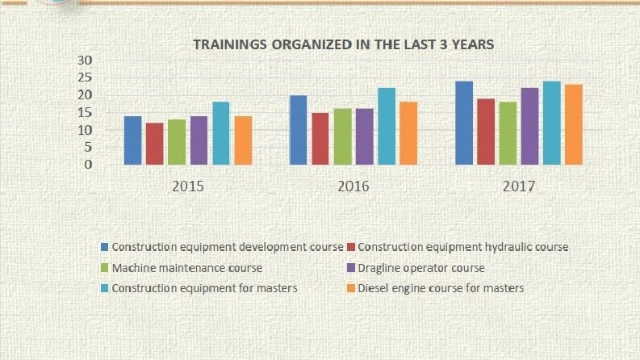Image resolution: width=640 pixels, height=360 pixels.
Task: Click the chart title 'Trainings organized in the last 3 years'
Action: click(343, 44)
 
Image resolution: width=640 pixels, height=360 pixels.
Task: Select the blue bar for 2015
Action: click(132, 140)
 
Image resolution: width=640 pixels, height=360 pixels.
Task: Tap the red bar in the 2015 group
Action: click(155, 144)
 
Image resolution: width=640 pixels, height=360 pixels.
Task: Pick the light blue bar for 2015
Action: click(221, 133)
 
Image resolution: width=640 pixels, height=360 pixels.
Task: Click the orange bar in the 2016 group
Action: click(408, 133)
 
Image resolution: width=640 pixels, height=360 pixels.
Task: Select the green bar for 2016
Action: click(342, 136)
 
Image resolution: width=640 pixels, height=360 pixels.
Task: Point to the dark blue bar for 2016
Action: click(299, 130)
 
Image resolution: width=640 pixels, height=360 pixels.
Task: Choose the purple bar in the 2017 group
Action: click(529, 126)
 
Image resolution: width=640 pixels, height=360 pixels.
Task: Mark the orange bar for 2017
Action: click(574, 124)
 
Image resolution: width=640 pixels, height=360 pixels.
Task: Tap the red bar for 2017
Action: click(486, 132)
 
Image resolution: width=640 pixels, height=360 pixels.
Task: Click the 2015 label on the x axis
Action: click(188, 186)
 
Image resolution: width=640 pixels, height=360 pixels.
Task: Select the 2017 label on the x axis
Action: click(519, 186)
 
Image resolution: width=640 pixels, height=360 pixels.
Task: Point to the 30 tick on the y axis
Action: click(85, 60)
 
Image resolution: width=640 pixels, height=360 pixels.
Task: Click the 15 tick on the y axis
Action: click(85, 112)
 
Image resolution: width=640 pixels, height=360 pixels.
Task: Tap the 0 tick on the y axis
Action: click(89, 165)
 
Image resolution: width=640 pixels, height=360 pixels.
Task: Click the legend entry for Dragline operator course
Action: click(416, 268)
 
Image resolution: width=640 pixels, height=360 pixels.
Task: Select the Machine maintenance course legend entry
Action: click(182, 268)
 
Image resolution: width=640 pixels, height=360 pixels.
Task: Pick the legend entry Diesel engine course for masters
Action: click(435, 289)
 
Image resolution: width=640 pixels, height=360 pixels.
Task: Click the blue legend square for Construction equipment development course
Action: click(104, 247)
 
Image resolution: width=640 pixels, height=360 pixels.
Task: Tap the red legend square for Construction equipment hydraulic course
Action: click(350, 247)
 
